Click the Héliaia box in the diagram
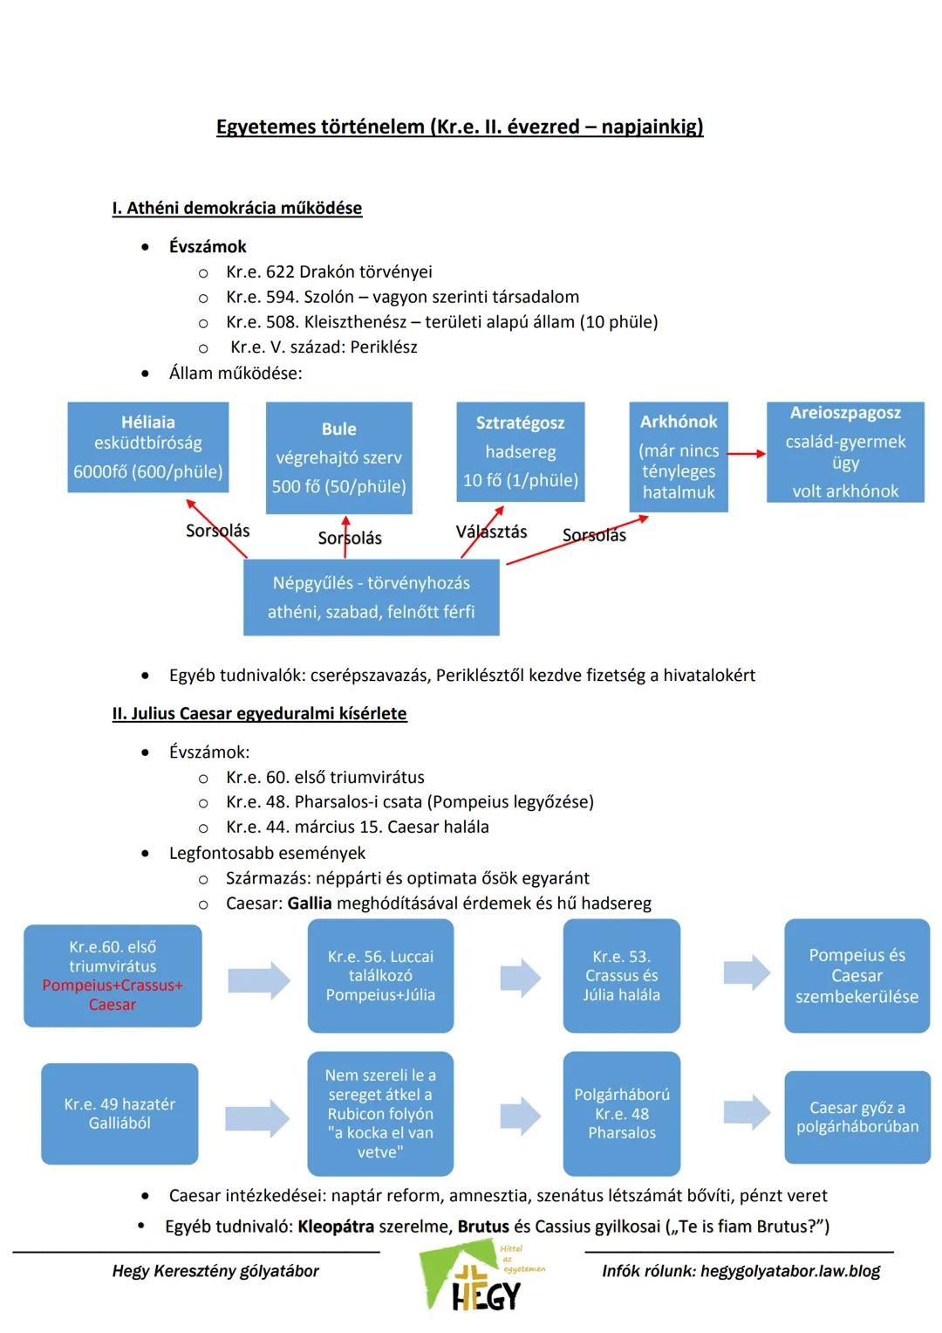click(x=148, y=447)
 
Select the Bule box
click(x=339, y=457)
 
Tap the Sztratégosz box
click(x=521, y=451)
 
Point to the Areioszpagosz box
click(x=845, y=452)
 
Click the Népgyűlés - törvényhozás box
click(x=371, y=597)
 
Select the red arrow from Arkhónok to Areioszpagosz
click(x=747, y=454)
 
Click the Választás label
click(x=491, y=532)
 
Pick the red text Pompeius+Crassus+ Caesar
click(x=113, y=994)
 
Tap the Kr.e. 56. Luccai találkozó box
click(x=380, y=975)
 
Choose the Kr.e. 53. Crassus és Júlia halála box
click(x=621, y=975)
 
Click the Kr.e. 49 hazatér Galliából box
click(x=119, y=1113)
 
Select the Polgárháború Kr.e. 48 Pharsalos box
click(x=621, y=1113)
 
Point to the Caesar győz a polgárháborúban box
click(x=857, y=1117)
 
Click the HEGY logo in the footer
click(x=481, y=1276)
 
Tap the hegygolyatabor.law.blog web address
click(x=790, y=1271)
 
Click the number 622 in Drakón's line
click(x=280, y=272)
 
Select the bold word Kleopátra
click(x=336, y=1226)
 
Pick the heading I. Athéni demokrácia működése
click(x=237, y=208)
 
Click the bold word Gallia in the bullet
click(x=310, y=904)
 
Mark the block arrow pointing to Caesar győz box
click(x=747, y=1112)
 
